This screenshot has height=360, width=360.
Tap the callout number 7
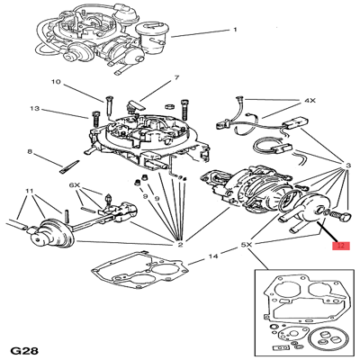click(x=177, y=78)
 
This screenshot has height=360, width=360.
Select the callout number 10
click(x=56, y=83)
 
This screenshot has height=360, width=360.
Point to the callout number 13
click(x=34, y=110)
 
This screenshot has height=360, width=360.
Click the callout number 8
click(x=30, y=152)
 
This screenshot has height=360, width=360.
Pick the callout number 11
click(x=30, y=192)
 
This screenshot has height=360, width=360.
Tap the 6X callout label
click(x=76, y=185)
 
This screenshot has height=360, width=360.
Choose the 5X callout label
click(x=247, y=244)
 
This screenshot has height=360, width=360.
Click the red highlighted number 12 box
click(x=340, y=244)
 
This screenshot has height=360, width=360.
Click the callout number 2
click(x=180, y=244)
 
